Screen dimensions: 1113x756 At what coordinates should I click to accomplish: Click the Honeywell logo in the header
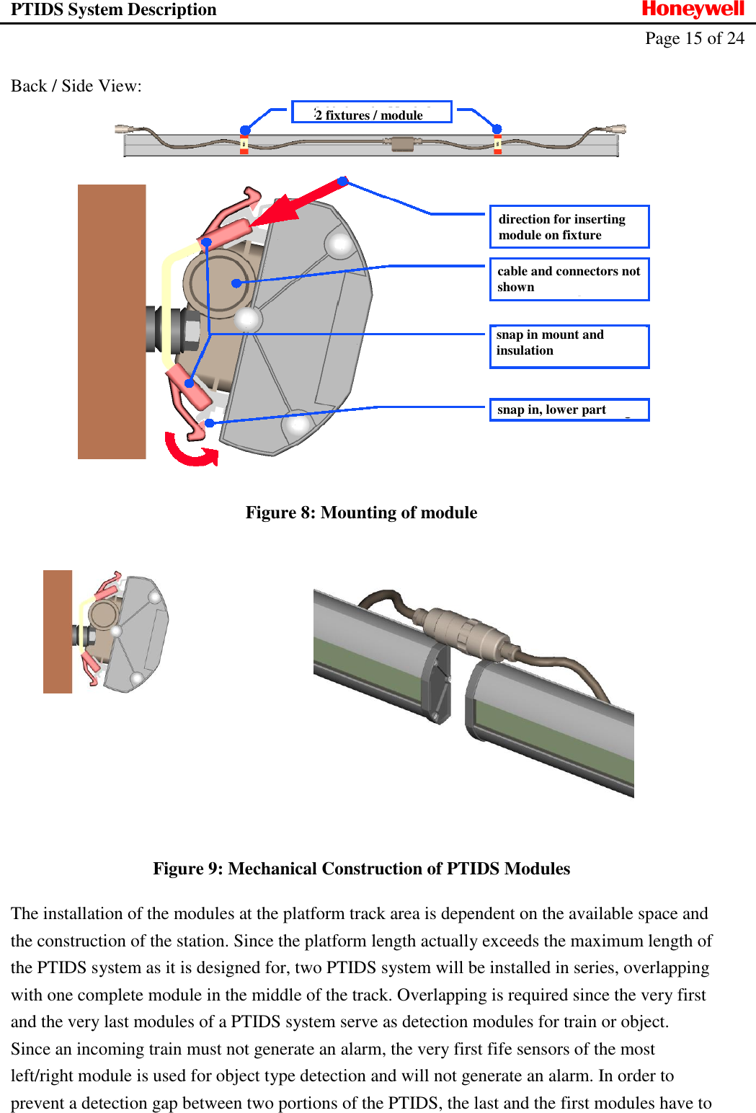click(x=693, y=9)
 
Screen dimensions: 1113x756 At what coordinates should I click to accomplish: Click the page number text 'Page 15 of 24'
click(x=694, y=38)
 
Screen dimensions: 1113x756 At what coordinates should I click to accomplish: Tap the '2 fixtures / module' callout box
click(x=371, y=112)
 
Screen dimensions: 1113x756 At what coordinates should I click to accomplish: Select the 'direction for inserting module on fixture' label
click(x=569, y=227)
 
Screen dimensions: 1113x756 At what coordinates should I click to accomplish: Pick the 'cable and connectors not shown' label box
click(x=569, y=279)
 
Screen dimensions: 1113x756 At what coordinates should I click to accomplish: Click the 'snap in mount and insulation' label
click(x=569, y=346)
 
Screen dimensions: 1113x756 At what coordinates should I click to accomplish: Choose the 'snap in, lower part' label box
click(x=569, y=409)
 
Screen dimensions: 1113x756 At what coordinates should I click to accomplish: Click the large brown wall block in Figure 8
click(x=112, y=322)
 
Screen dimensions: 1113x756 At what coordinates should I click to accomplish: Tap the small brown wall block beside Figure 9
click(x=58, y=631)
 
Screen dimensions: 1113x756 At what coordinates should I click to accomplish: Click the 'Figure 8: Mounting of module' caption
click(x=361, y=513)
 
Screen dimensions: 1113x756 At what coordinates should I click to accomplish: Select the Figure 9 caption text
click(x=361, y=869)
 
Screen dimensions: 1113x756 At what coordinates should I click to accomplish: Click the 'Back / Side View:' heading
click(x=76, y=86)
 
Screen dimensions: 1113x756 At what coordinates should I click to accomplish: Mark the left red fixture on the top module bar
click(x=244, y=144)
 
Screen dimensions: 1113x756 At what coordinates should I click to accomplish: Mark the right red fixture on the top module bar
click(x=497, y=144)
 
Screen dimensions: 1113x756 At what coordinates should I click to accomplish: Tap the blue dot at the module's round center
click(x=236, y=283)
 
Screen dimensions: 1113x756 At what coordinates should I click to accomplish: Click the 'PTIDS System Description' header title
click(x=113, y=9)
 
